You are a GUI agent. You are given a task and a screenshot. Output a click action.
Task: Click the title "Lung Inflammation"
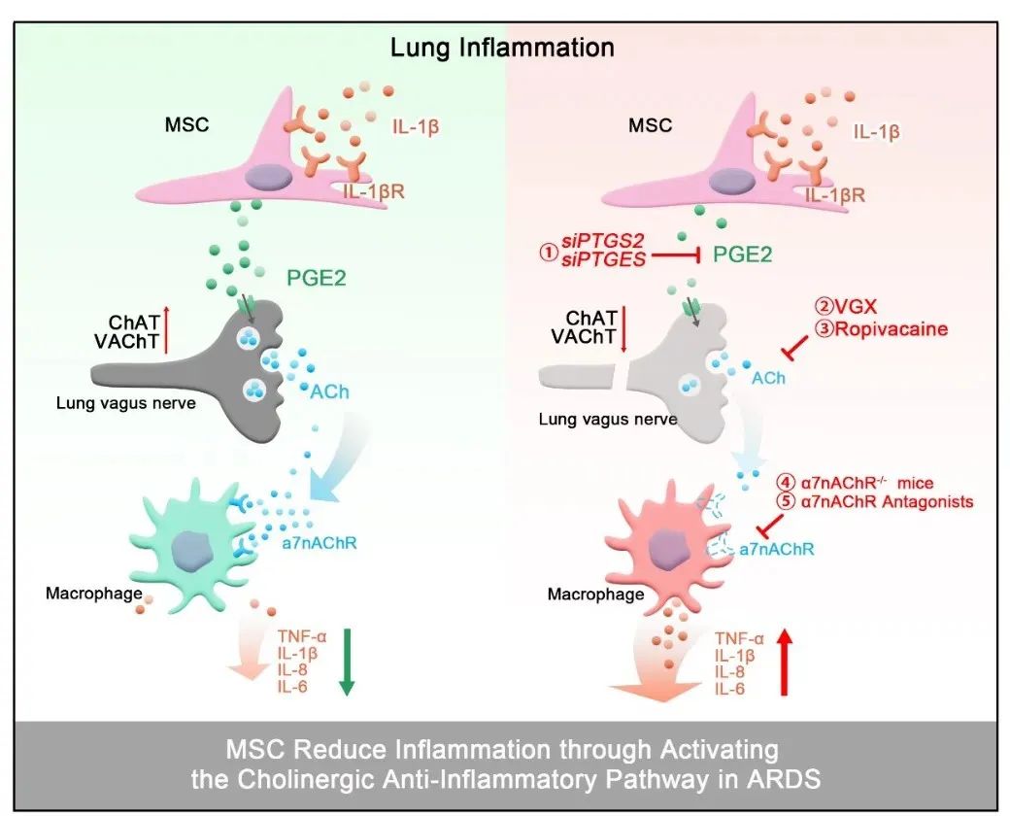(502, 48)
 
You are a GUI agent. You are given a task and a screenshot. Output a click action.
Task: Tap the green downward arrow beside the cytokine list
(347, 662)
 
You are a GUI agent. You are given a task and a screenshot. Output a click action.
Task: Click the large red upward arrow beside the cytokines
(784, 663)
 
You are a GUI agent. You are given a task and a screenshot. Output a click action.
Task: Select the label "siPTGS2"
(603, 241)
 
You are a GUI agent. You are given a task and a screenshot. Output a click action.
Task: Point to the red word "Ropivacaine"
(892, 328)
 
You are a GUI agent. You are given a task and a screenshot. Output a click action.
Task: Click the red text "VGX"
(856, 307)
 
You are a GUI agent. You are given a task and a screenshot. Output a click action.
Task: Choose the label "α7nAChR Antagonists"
(888, 501)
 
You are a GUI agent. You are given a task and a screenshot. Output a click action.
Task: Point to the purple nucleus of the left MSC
(265, 177)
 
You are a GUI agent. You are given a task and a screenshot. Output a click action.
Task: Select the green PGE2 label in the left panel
(317, 278)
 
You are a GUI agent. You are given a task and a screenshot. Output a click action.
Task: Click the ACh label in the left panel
(329, 391)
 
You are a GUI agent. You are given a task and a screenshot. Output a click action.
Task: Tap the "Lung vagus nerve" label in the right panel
(608, 420)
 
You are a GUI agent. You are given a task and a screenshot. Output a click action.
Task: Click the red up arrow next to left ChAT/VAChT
(166, 330)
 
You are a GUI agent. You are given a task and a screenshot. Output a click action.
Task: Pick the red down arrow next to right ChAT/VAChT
(623, 330)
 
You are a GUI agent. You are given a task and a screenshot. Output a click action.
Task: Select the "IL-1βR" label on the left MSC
(374, 191)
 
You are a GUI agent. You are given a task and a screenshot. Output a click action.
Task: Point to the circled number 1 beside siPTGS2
(549, 252)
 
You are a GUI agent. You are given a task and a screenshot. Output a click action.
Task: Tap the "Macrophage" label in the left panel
(94, 593)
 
